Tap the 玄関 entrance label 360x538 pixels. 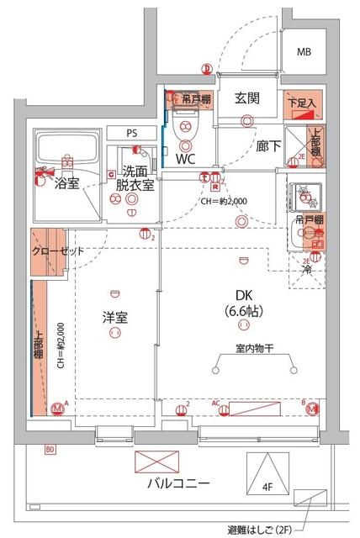(x=246, y=98)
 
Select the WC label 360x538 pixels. (x=186, y=157)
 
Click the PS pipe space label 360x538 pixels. (x=132, y=133)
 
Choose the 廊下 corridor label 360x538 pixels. (x=269, y=145)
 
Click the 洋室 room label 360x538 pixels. (x=115, y=318)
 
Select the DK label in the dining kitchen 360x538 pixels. (x=244, y=295)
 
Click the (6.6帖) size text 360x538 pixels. (x=244, y=312)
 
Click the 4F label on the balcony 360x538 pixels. (x=267, y=485)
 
